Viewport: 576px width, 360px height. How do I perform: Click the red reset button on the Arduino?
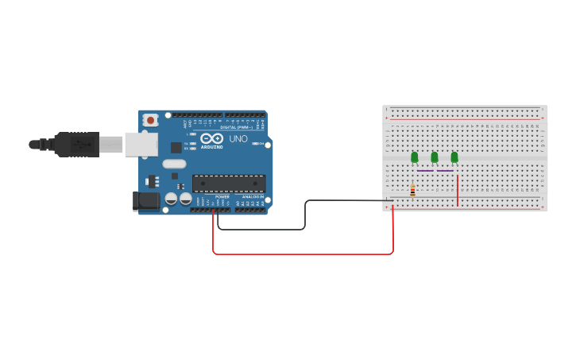(x=150, y=120)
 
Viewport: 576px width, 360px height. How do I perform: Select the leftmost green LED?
(x=414, y=157)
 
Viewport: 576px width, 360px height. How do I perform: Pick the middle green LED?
(x=434, y=157)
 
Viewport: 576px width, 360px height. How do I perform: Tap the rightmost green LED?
(x=454, y=157)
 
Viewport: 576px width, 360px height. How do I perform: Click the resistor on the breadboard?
(x=412, y=190)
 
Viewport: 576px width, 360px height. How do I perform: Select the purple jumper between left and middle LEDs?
(x=425, y=170)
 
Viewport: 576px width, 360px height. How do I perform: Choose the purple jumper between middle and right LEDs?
(x=445, y=170)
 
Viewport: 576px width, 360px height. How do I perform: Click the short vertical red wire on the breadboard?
(x=458, y=191)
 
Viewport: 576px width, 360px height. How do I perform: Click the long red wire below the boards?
(x=302, y=254)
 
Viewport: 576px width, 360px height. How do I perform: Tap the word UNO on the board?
(x=238, y=139)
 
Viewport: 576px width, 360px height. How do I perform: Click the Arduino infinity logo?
(x=211, y=138)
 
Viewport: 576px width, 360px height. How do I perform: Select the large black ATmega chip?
(x=229, y=184)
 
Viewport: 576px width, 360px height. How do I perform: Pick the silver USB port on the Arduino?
(x=141, y=144)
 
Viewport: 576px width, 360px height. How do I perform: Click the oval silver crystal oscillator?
(x=174, y=165)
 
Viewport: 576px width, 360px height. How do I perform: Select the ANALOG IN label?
(x=253, y=196)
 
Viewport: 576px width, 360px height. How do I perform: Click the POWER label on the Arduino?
(x=222, y=196)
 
